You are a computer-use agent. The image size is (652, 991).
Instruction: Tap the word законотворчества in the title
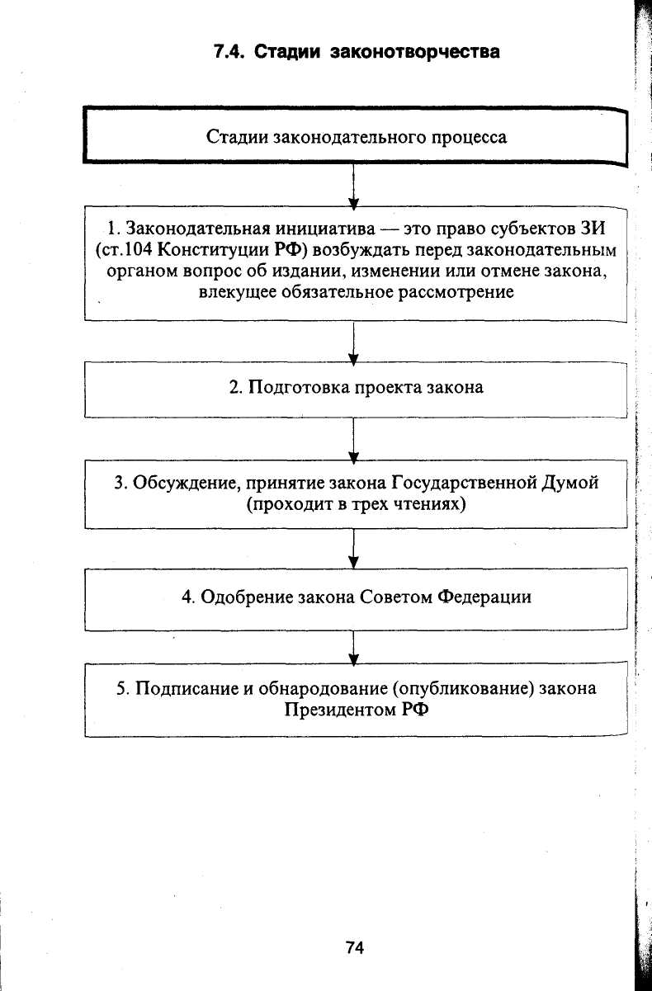click(x=414, y=51)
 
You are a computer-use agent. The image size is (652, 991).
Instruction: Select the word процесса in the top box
click(x=470, y=136)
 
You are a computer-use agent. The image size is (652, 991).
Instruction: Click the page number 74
click(x=354, y=948)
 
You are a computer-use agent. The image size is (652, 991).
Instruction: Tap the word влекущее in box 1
click(x=233, y=292)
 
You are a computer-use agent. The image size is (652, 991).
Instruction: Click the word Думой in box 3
click(x=570, y=483)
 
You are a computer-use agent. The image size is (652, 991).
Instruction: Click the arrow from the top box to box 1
click(x=353, y=186)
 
